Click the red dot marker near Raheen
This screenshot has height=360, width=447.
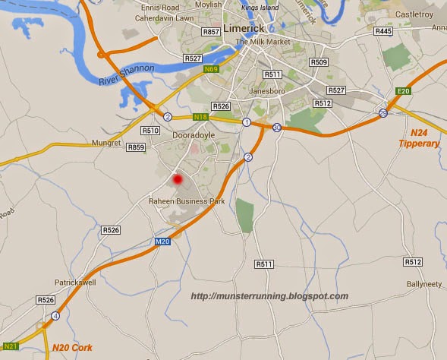[x=178, y=180]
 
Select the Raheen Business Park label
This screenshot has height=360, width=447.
[x=187, y=201]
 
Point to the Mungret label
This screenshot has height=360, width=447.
[x=105, y=143]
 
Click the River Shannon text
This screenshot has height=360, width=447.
[x=127, y=74]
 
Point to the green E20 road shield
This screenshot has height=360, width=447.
[x=404, y=92]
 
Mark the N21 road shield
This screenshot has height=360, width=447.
[x=11, y=344]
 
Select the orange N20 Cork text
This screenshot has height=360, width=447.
[x=73, y=347]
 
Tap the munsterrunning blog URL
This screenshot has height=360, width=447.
[x=269, y=296]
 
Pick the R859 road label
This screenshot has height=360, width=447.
[x=137, y=147]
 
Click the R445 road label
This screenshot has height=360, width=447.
[x=384, y=31]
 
